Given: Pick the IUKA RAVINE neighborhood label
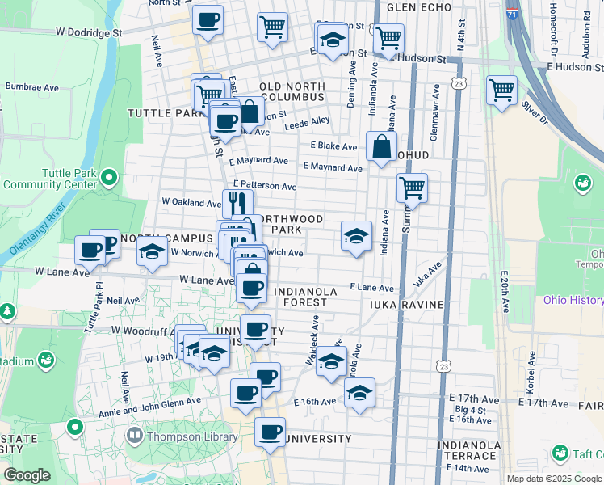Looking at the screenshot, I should point(407,304).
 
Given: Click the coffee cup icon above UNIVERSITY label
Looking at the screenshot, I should point(271,431).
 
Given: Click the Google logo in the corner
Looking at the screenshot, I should point(27,475).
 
